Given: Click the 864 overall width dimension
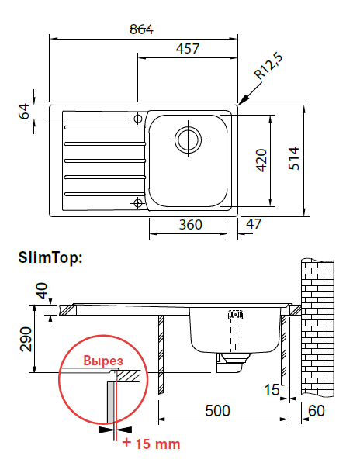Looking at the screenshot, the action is [x=141, y=29].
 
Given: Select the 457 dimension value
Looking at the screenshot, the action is [x=188, y=49].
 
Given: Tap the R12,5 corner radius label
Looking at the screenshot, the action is [x=268, y=67].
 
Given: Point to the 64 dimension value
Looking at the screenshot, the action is [x=24, y=112].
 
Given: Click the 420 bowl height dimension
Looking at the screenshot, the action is [x=261, y=161].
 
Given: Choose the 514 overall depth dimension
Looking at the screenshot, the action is [x=293, y=158].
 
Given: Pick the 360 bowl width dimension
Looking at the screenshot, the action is [x=190, y=225].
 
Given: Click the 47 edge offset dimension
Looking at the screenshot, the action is [x=254, y=224].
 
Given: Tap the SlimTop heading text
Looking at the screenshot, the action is [x=50, y=257].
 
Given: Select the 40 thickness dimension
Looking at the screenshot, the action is [x=42, y=291].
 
